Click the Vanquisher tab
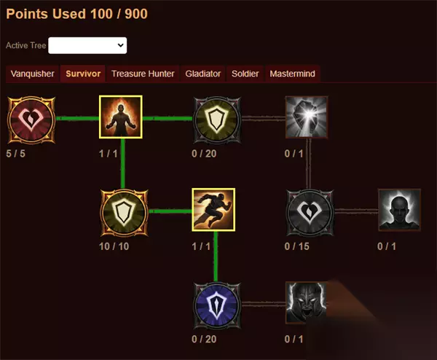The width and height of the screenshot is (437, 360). click(x=32, y=74)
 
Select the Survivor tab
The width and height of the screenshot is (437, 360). click(x=83, y=74)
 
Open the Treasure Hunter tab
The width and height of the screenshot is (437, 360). click(x=143, y=74)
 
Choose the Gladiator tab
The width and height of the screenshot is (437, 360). click(x=203, y=74)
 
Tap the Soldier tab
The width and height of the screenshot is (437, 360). click(x=245, y=74)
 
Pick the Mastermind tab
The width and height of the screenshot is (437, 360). click(x=292, y=74)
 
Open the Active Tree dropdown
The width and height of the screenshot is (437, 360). click(x=87, y=45)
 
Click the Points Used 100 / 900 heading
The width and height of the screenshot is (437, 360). click(x=77, y=14)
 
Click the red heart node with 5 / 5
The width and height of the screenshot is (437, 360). click(x=31, y=120)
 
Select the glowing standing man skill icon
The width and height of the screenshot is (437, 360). click(x=121, y=117)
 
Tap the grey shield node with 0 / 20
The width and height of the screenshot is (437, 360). click(x=217, y=120)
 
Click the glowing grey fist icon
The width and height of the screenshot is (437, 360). click(x=307, y=117)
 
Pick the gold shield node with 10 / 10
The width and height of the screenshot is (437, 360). click(x=125, y=213)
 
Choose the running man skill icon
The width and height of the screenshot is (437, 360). click(x=213, y=210)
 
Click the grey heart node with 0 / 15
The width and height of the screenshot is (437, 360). click(x=310, y=213)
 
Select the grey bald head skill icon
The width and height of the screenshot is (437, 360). click(x=399, y=210)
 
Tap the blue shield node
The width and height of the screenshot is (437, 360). click(x=217, y=305)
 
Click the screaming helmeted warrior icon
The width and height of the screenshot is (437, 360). click(x=307, y=303)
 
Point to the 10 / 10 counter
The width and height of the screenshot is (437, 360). click(x=114, y=246)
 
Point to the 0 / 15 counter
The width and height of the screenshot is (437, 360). click(x=297, y=246)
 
